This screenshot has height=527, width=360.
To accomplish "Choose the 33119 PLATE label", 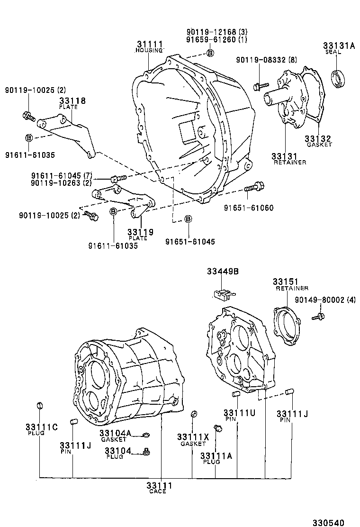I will (140, 234).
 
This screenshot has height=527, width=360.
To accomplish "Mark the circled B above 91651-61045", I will (188, 218).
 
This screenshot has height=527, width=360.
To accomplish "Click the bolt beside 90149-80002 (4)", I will (319, 316).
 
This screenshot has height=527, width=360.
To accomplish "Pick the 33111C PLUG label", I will (41, 429).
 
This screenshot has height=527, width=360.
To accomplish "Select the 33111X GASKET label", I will (193, 439).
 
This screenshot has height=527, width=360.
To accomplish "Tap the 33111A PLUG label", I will (216, 458).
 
